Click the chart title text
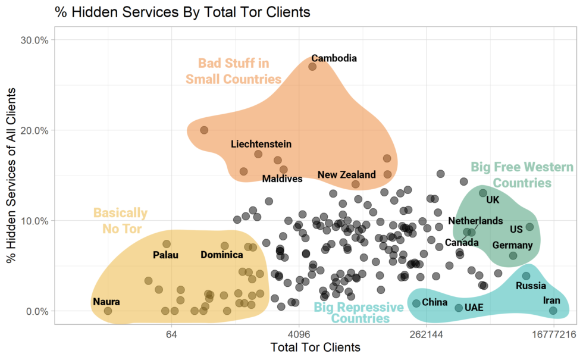click(x=183, y=12)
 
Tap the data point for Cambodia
click(x=312, y=67)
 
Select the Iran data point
click(x=553, y=311)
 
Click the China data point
click(x=416, y=303)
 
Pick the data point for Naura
click(x=108, y=311)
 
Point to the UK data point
click(x=483, y=193)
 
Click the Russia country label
click(x=531, y=286)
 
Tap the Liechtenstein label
click(x=261, y=144)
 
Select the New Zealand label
click(x=346, y=175)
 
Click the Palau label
click(x=165, y=255)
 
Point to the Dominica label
click(x=222, y=255)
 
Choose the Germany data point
click(x=513, y=256)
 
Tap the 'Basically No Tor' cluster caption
click(x=120, y=221)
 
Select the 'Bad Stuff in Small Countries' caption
click(x=233, y=71)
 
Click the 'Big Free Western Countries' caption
click(x=510, y=175)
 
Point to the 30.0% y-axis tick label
click(x=37, y=40)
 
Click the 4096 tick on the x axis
click(x=299, y=335)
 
